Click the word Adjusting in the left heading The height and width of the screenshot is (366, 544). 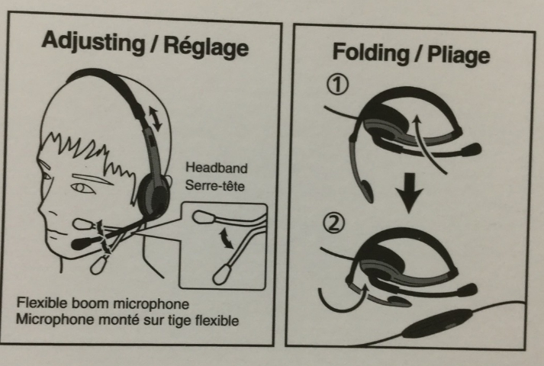click(93, 42)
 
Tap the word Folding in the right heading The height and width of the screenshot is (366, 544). click(371, 53)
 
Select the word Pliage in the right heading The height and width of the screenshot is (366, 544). click(459, 55)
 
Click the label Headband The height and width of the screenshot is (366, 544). click(217, 168)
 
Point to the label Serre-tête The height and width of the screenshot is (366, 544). click(214, 185)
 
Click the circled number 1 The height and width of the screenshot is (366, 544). click(337, 85)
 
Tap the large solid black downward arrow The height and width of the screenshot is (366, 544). click(410, 194)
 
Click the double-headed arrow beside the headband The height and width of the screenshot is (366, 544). click(155, 119)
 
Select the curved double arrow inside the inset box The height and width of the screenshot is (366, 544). click(226, 238)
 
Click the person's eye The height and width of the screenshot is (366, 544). click(81, 188)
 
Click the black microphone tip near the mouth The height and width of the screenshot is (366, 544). click(82, 242)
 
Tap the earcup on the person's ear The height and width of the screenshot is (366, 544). click(153, 197)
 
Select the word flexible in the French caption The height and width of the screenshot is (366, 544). click(217, 320)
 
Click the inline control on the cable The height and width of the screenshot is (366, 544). click(438, 324)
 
